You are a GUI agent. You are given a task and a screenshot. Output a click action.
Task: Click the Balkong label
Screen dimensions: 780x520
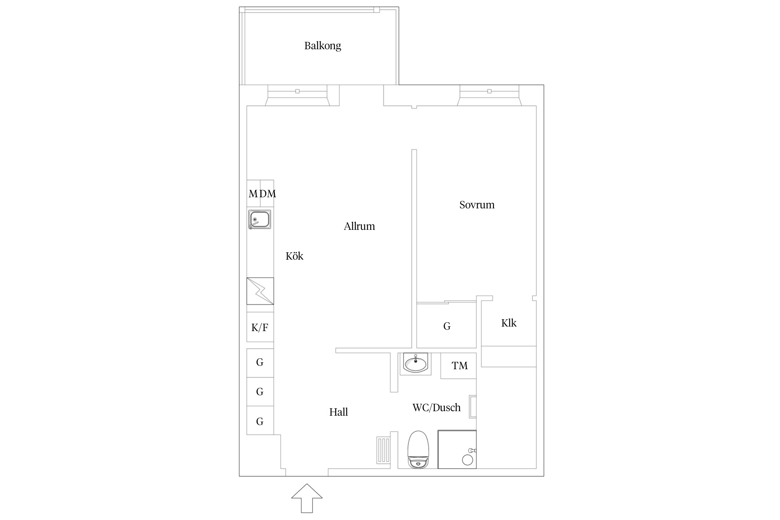pyautogui.click(x=322, y=46)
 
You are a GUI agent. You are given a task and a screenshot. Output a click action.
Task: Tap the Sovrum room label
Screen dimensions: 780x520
pyautogui.click(x=477, y=205)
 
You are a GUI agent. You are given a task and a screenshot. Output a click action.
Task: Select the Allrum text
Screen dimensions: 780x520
pyautogui.click(x=359, y=226)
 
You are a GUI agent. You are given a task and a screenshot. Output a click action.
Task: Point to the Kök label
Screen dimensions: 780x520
pyautogui.click(x=294, y=256)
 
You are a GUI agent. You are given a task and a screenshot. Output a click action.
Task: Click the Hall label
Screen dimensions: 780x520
pyautogui.click(x=338, y=412)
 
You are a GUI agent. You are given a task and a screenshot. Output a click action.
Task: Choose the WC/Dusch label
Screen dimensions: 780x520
pyautogui.click(x=436, y=407)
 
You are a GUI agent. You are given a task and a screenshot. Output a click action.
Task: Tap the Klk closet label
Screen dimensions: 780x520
pyautogui.click(x=509, y=323)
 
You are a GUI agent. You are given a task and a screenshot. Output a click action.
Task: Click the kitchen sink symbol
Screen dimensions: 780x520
pyautogui.click(x=260, y=219)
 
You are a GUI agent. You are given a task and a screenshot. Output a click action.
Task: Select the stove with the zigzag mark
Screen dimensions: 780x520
pyautogui.click(x=260, y=291)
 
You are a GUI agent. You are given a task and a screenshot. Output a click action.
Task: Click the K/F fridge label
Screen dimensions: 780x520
pyautogui.click(x=260, y=327)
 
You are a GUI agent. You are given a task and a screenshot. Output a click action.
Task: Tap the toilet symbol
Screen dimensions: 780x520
pyautogui.click(x=418, y=449)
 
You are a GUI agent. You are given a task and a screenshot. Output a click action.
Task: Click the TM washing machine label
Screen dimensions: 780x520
pyautogui.click(x=460, y=365)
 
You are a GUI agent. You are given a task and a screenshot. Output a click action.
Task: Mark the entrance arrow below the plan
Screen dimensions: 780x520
pyautogui.click(x=307, y=498)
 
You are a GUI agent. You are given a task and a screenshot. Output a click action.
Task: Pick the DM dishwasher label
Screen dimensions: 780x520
pyautogui.click(x=268, y=193)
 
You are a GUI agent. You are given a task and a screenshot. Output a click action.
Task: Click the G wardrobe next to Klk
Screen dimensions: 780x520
pyautogui.click(x=447, y=326)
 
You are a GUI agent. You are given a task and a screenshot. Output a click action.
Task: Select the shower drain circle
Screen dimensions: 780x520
pyautogui.click(x=467, y=460)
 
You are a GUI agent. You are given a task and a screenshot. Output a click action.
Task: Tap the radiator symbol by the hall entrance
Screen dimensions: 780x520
pyautogui.click(x=384, y=450)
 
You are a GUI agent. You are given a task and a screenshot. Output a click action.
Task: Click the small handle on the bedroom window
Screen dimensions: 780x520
pyautogui.click(x=489, y=91)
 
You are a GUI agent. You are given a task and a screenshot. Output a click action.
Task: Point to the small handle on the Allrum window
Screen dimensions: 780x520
pyautogui.click(x=297, y=91)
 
